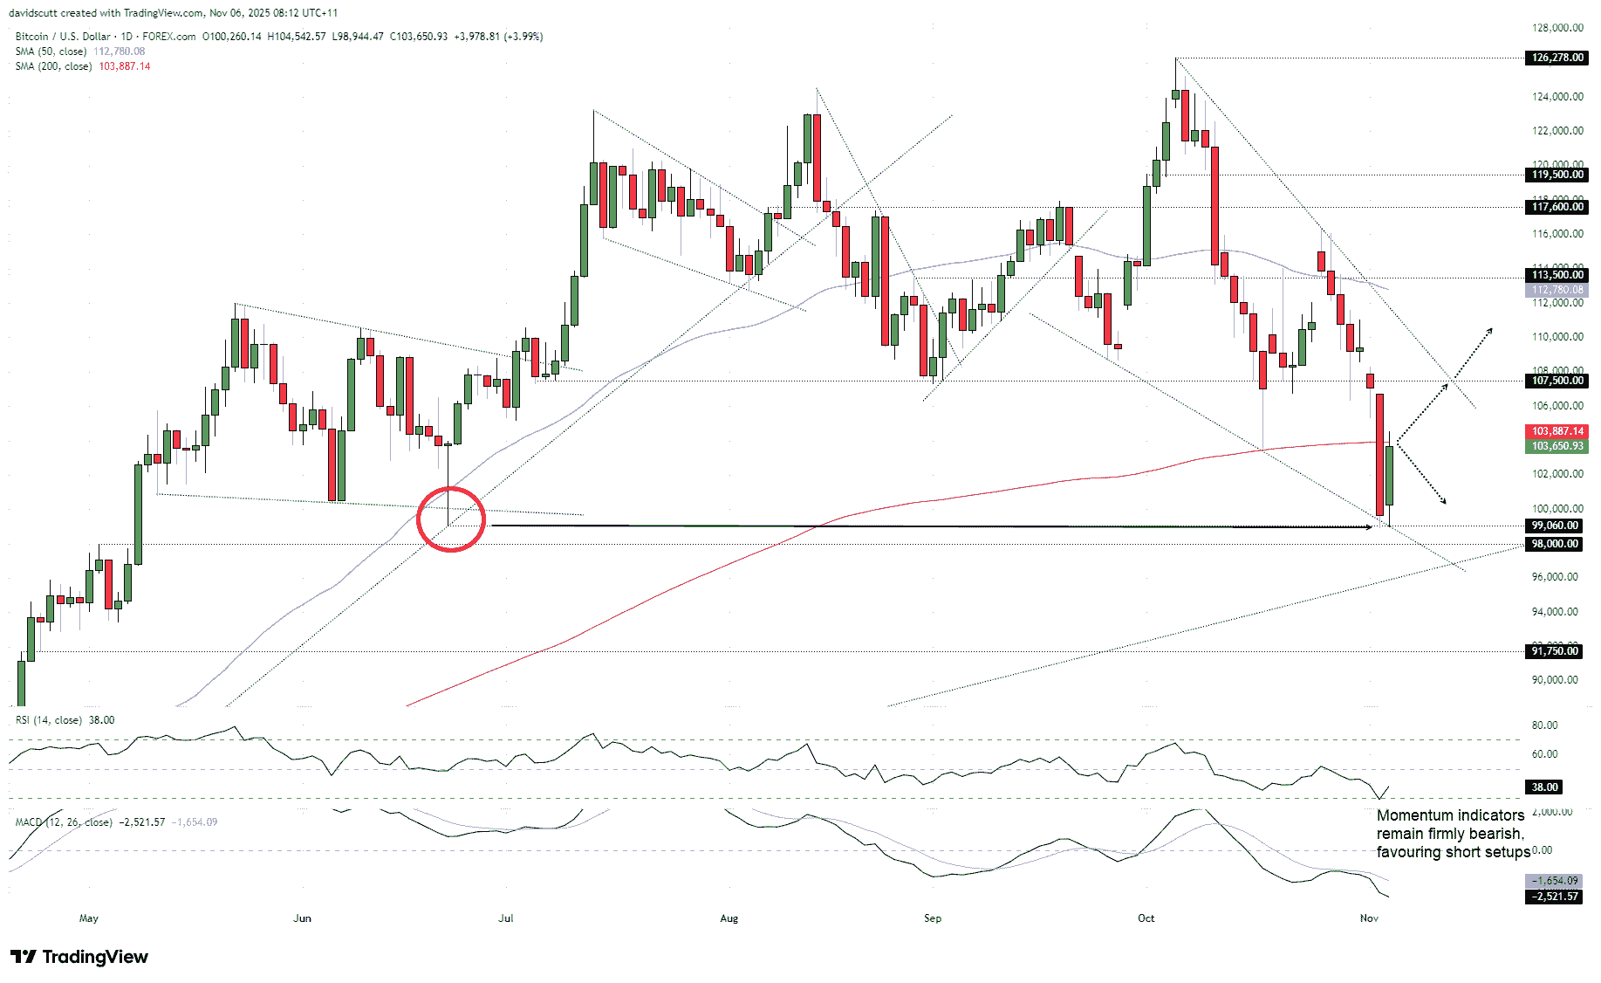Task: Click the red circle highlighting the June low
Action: click(450, 519)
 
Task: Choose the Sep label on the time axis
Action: click(933, 918)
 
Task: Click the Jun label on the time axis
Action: click(302, 918)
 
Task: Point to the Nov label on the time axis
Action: click(1369, 918)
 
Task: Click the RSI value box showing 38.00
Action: click(1544, 787)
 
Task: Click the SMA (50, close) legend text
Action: click(51, 52)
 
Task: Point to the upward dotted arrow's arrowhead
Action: click(1490, 330)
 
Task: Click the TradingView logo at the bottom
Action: click(79, 957)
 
